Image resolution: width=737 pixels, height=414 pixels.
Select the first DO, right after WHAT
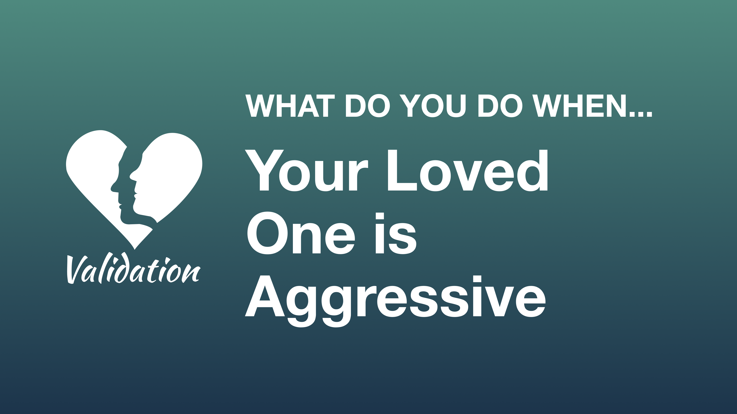coord(368,106)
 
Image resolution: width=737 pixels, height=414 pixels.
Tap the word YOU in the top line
coord(433,106)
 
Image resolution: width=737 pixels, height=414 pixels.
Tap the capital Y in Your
coord(264,171)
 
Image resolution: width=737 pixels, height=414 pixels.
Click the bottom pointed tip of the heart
coord(135,248)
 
